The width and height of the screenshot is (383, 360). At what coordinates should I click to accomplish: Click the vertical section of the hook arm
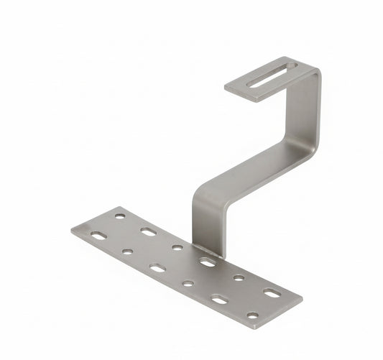tap(305, 108)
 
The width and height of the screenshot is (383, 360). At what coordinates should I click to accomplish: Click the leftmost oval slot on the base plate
tap(98, 234)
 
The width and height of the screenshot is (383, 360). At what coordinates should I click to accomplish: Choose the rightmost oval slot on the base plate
tap(272, 292)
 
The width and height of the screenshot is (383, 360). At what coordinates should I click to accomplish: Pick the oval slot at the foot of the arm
tap(207, 262)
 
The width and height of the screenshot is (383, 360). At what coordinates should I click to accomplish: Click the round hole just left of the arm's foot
tap(177, 247)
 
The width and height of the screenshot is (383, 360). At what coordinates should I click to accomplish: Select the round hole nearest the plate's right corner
tap(252, 315)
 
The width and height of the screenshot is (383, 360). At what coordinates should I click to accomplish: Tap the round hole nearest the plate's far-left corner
tap(120, 215)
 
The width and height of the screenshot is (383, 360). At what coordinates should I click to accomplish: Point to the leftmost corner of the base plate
tap(72, 231)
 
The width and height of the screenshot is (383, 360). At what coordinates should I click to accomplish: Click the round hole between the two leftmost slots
tap(127, 252)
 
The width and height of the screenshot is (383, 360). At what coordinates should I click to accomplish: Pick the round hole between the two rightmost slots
tap(239, 277)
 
